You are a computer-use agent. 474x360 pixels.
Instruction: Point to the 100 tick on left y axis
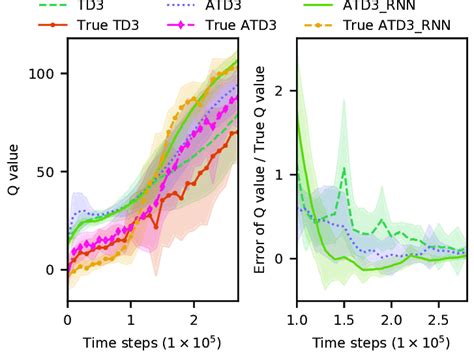[46, 74]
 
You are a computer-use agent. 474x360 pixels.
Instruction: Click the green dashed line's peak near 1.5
[344, 168]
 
